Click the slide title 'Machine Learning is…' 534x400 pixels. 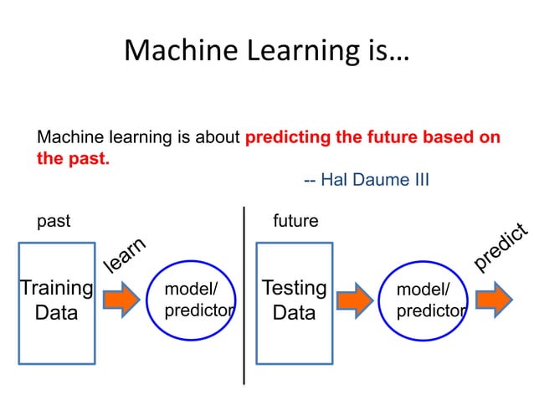coord(267,50)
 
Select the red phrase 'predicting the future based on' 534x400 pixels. coord(372,137)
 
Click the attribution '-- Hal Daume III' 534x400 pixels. coord(366,180)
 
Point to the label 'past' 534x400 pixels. coord(54,222)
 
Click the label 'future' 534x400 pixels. coord(295,222)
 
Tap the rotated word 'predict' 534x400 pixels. coord(501,248)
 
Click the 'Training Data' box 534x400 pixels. coord(56,302)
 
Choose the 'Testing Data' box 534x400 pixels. coord(294,302)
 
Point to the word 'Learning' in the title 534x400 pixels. coord(297,50)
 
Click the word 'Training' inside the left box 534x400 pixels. coord(56,289)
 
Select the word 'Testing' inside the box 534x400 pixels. coord(294,289)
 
